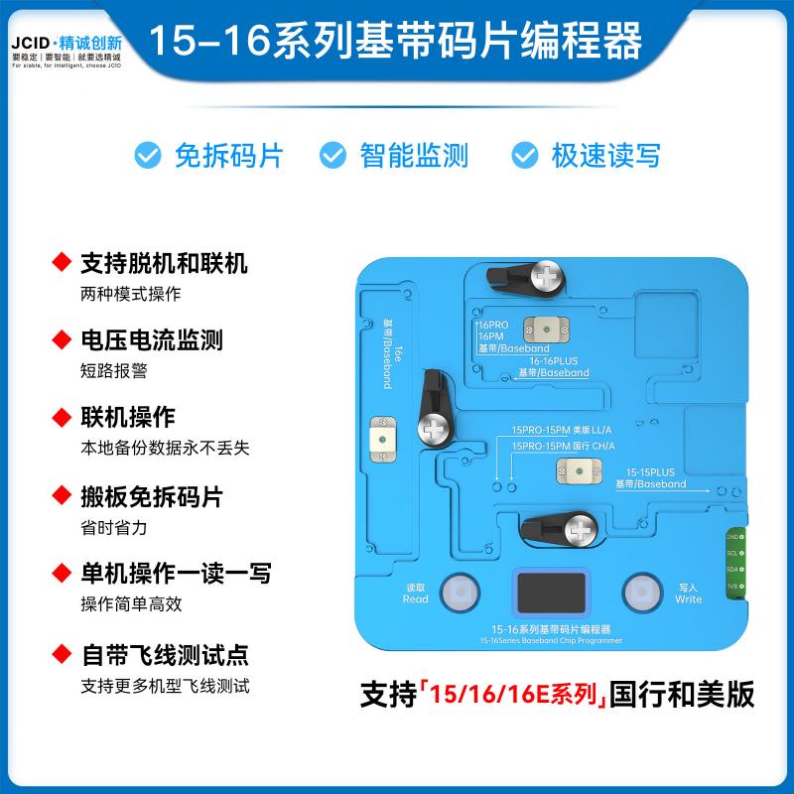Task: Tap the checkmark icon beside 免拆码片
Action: click(149, 155)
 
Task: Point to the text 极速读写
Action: click(605, 155)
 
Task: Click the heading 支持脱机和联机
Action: click(164, 264)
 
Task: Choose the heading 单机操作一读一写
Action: click(176, 574)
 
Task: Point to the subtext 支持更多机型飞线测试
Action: click(165, 685)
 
